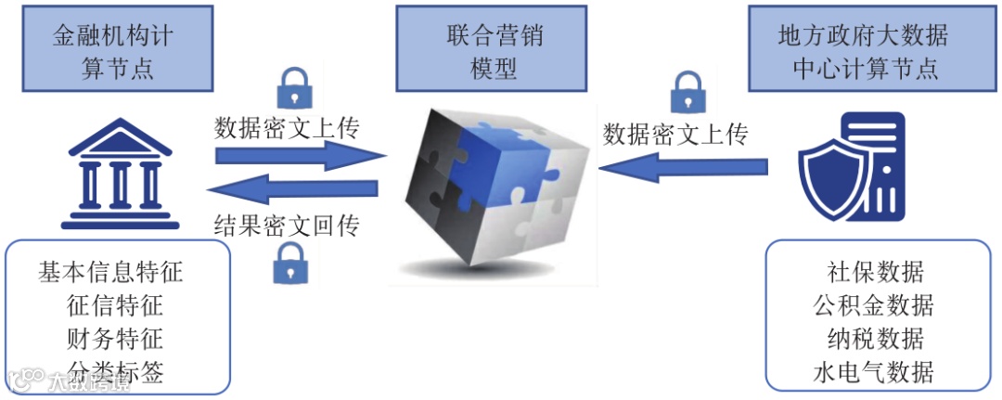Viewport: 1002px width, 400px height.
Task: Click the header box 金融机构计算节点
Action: pyautogui.click(x=117, y=52)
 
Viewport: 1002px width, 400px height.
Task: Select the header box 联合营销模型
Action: pyautogui.click(x=494, y=52)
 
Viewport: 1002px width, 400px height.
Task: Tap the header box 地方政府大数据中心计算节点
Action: pyautogui.click(x=863, y=52)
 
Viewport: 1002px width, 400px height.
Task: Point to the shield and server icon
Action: pyautogui.click(x=852, y=167)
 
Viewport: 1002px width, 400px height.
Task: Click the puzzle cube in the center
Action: pyautogui.click(x=490, y=190)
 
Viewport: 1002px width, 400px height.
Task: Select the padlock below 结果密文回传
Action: pyautogui.click(x=289, y=264)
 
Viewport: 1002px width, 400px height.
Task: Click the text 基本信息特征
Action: pyautogui.click(x=111, y=272)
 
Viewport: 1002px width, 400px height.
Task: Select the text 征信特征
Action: pyautogui.click(x=115, y=304)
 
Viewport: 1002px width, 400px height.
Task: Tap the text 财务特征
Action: pyautogui.click(x=115, y=338)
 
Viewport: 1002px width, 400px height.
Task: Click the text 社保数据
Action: pyautogui.click(x=875, y=272)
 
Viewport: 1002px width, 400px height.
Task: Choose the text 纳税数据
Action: pyautogui.click(x=875, y=338)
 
